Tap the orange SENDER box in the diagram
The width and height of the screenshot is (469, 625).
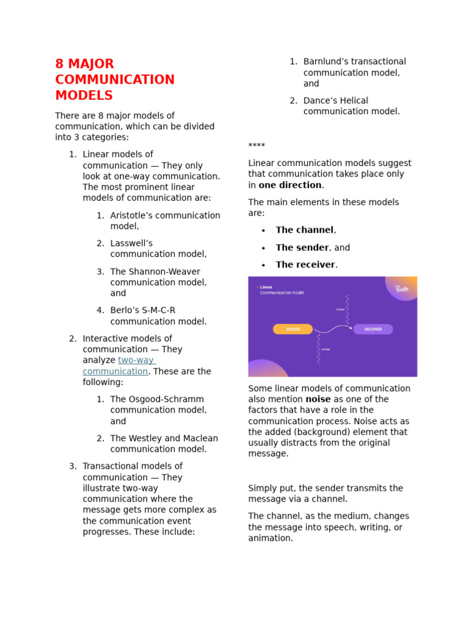click(293, 329)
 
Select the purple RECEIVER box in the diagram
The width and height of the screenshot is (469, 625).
click(373, 329)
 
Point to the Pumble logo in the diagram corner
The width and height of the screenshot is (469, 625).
click(401, 289)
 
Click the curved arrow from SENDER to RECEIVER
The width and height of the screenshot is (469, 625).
click(332, 329)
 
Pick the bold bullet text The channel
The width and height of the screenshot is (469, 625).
click(304, 230)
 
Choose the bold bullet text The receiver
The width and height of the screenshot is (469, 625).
click(305, 265)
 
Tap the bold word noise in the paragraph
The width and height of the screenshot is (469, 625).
click(318, 399)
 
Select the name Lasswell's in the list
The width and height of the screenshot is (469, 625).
click(131, 244)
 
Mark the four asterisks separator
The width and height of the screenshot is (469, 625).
click(256, 146)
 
